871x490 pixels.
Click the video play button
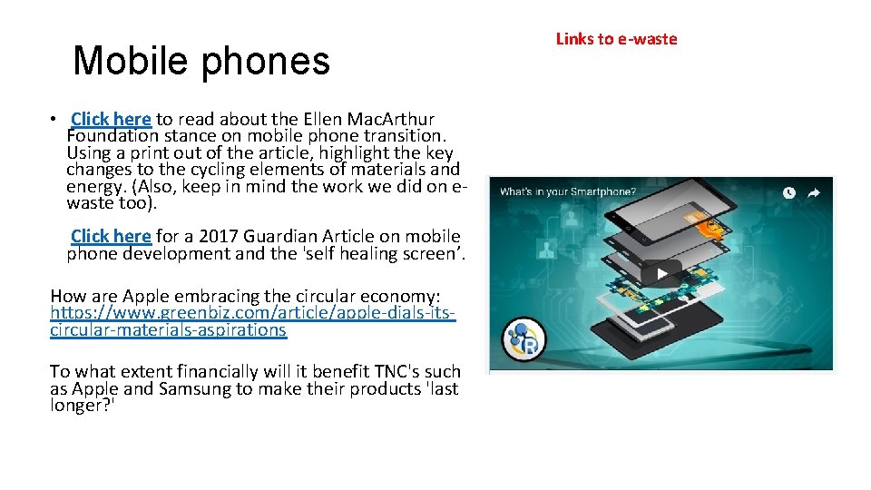[x=662, y=274]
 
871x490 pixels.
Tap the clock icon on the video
[x=789, y=192]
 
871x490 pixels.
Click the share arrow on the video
[x=814, y=192]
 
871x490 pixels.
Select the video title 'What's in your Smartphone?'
[x=566, y=192]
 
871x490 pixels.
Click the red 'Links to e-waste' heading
[x=616, y=39]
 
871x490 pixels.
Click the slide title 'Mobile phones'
[x=201, y=61]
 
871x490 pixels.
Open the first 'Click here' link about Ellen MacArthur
[x=111, y=119]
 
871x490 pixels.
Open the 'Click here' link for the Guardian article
[x=111, y=236]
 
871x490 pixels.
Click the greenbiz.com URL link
[x=252, y=313]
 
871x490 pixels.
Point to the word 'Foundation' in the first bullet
[x=110, y=136]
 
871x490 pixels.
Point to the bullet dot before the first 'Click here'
[x=55, y=119]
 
